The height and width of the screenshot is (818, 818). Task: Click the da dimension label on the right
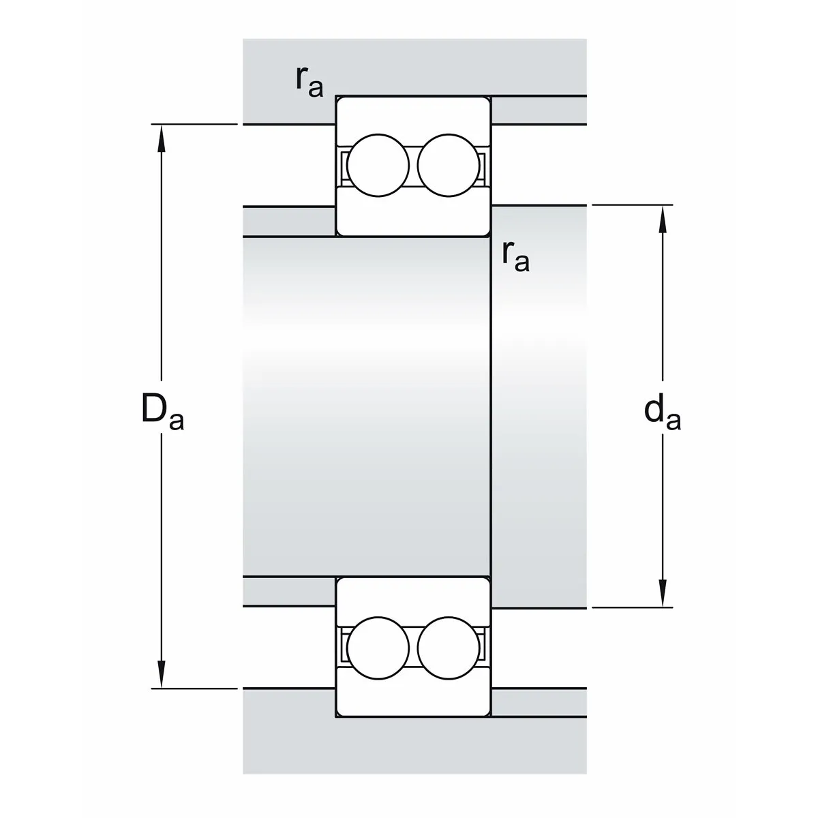(x=662, y=413)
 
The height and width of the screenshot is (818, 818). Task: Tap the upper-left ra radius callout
(x=309, y=82)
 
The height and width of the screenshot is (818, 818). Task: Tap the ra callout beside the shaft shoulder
(x=516, y=256)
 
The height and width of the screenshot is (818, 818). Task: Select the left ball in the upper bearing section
(x=378, y=166)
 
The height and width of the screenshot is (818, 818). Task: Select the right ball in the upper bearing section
(x=449, y=166)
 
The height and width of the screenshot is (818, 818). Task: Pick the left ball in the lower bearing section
(x=378, y=648)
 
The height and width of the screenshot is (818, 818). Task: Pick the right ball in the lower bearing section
(x=449, y=648)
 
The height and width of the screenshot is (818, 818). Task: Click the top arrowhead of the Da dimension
(x=162, y=138)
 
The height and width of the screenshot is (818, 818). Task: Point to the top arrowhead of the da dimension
(x=663, y=219)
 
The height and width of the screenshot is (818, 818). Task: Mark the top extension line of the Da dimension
(x=194, y=124)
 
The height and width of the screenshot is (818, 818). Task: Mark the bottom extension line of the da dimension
(x=633, y=607)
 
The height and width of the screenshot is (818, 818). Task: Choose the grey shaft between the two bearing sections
(x=366, y=407)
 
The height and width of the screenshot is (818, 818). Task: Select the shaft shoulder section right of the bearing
(x=539, y=407)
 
